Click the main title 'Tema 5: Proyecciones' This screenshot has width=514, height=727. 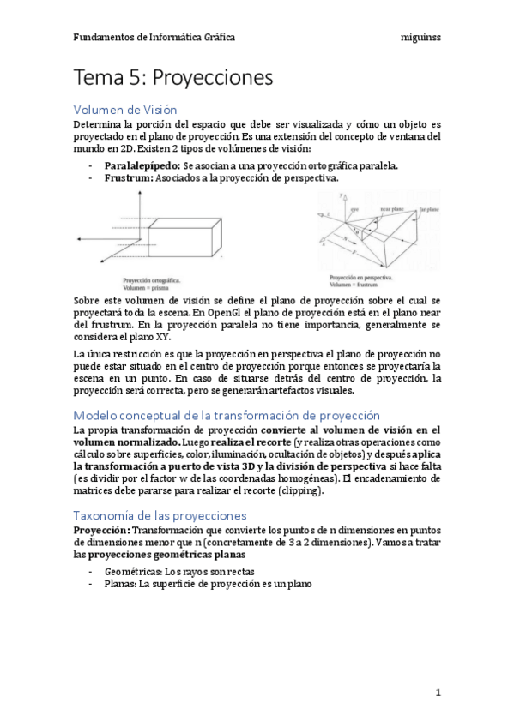[x=173, y=78]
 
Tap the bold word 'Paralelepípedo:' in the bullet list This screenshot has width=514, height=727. [x=142, y=165]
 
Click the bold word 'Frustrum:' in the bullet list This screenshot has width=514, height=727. [x=129, y=178]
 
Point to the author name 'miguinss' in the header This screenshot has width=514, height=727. [x=420, y=38]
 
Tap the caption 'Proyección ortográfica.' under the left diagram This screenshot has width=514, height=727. [x=157, y=279]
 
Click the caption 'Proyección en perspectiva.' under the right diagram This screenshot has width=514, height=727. [x=361, y=278]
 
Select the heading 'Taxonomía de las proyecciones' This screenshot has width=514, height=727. [x=160, y=515]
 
